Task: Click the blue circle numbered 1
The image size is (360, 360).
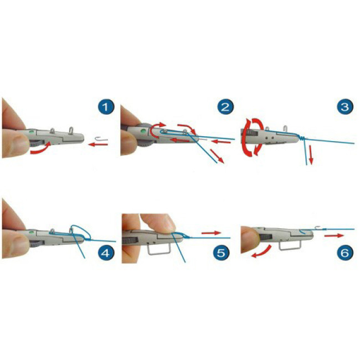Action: coord(105,107)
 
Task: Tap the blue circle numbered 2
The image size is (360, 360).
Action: coord(225,107)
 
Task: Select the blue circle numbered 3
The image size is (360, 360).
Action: coord(345,107)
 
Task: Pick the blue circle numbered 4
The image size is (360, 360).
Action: coord(106,253)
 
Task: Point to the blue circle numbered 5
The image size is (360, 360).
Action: coord(221,253)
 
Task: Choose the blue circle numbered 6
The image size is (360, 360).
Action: coord(345,253)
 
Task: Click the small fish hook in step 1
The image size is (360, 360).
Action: coord(101,139)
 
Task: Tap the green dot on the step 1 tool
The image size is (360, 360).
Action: coord(31,132)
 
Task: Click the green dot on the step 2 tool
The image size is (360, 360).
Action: coord(143,131)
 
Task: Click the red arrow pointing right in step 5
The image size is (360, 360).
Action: coord(211,233)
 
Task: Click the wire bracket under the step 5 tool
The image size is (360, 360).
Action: coord(159,250)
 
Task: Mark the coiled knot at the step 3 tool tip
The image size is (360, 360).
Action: coord(302,138)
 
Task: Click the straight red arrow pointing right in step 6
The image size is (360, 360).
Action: coord(334,235)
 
